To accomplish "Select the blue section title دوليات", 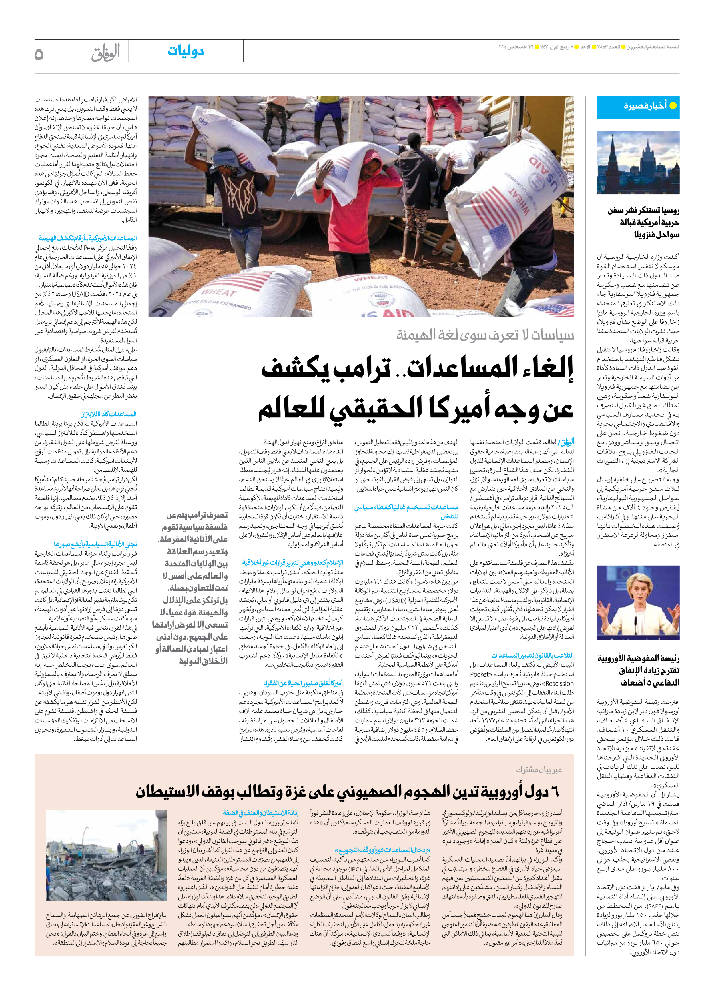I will click(186, 51).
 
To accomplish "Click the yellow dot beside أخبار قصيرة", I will click(673, 105).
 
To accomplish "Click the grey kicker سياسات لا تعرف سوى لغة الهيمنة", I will click(485, 335).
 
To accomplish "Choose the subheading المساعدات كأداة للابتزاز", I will click(109, 414).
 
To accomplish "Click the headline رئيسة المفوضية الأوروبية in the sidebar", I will click(638, 658).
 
